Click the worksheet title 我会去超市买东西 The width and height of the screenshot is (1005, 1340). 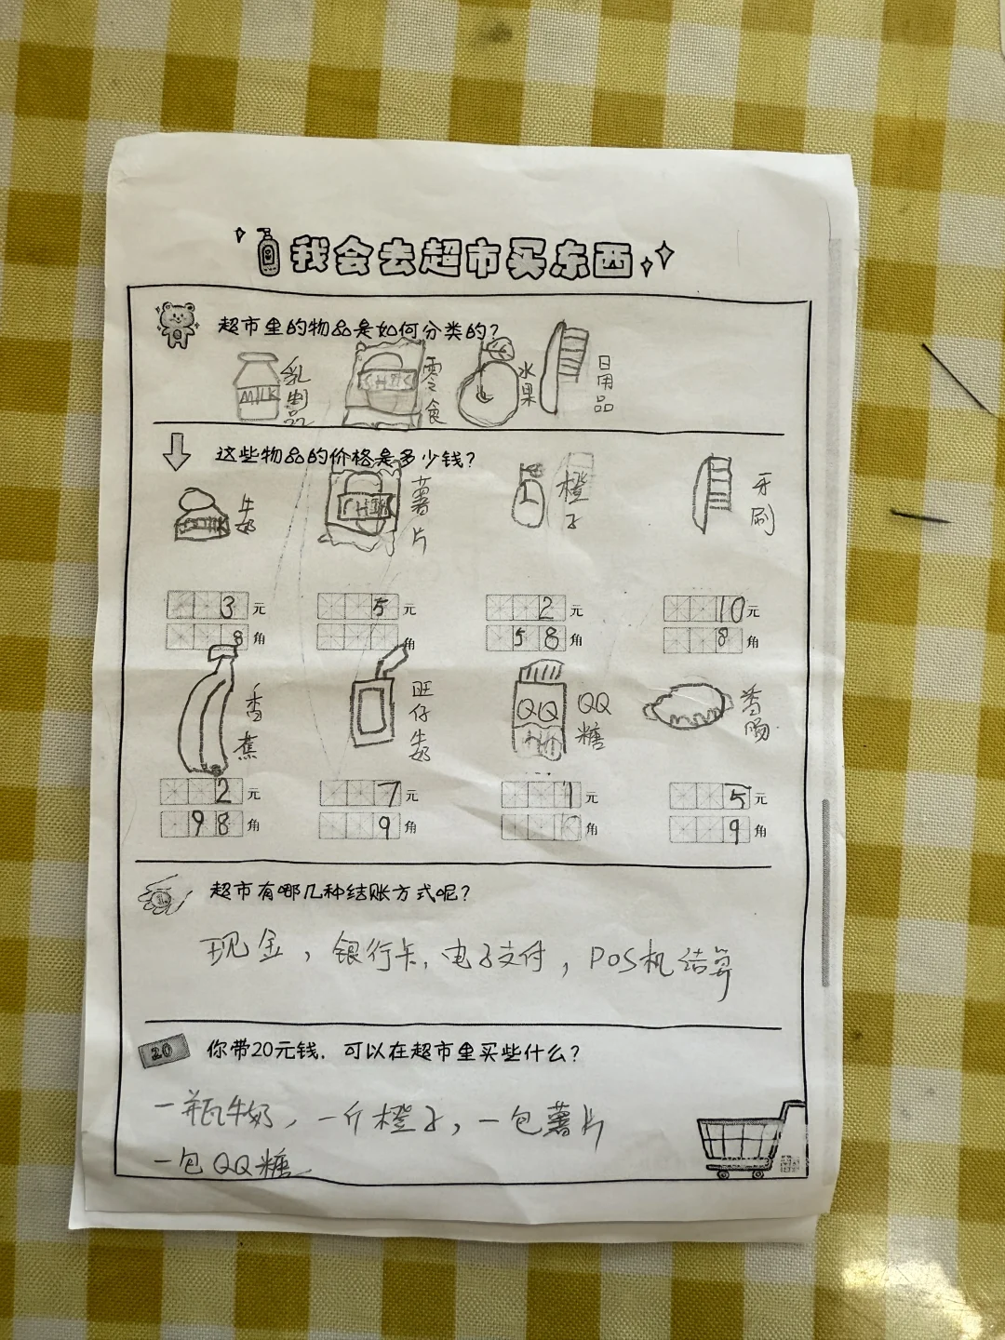coord(462,254)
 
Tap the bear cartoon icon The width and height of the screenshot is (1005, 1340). coord(175,323)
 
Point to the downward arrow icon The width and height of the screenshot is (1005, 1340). coord(176,453)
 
